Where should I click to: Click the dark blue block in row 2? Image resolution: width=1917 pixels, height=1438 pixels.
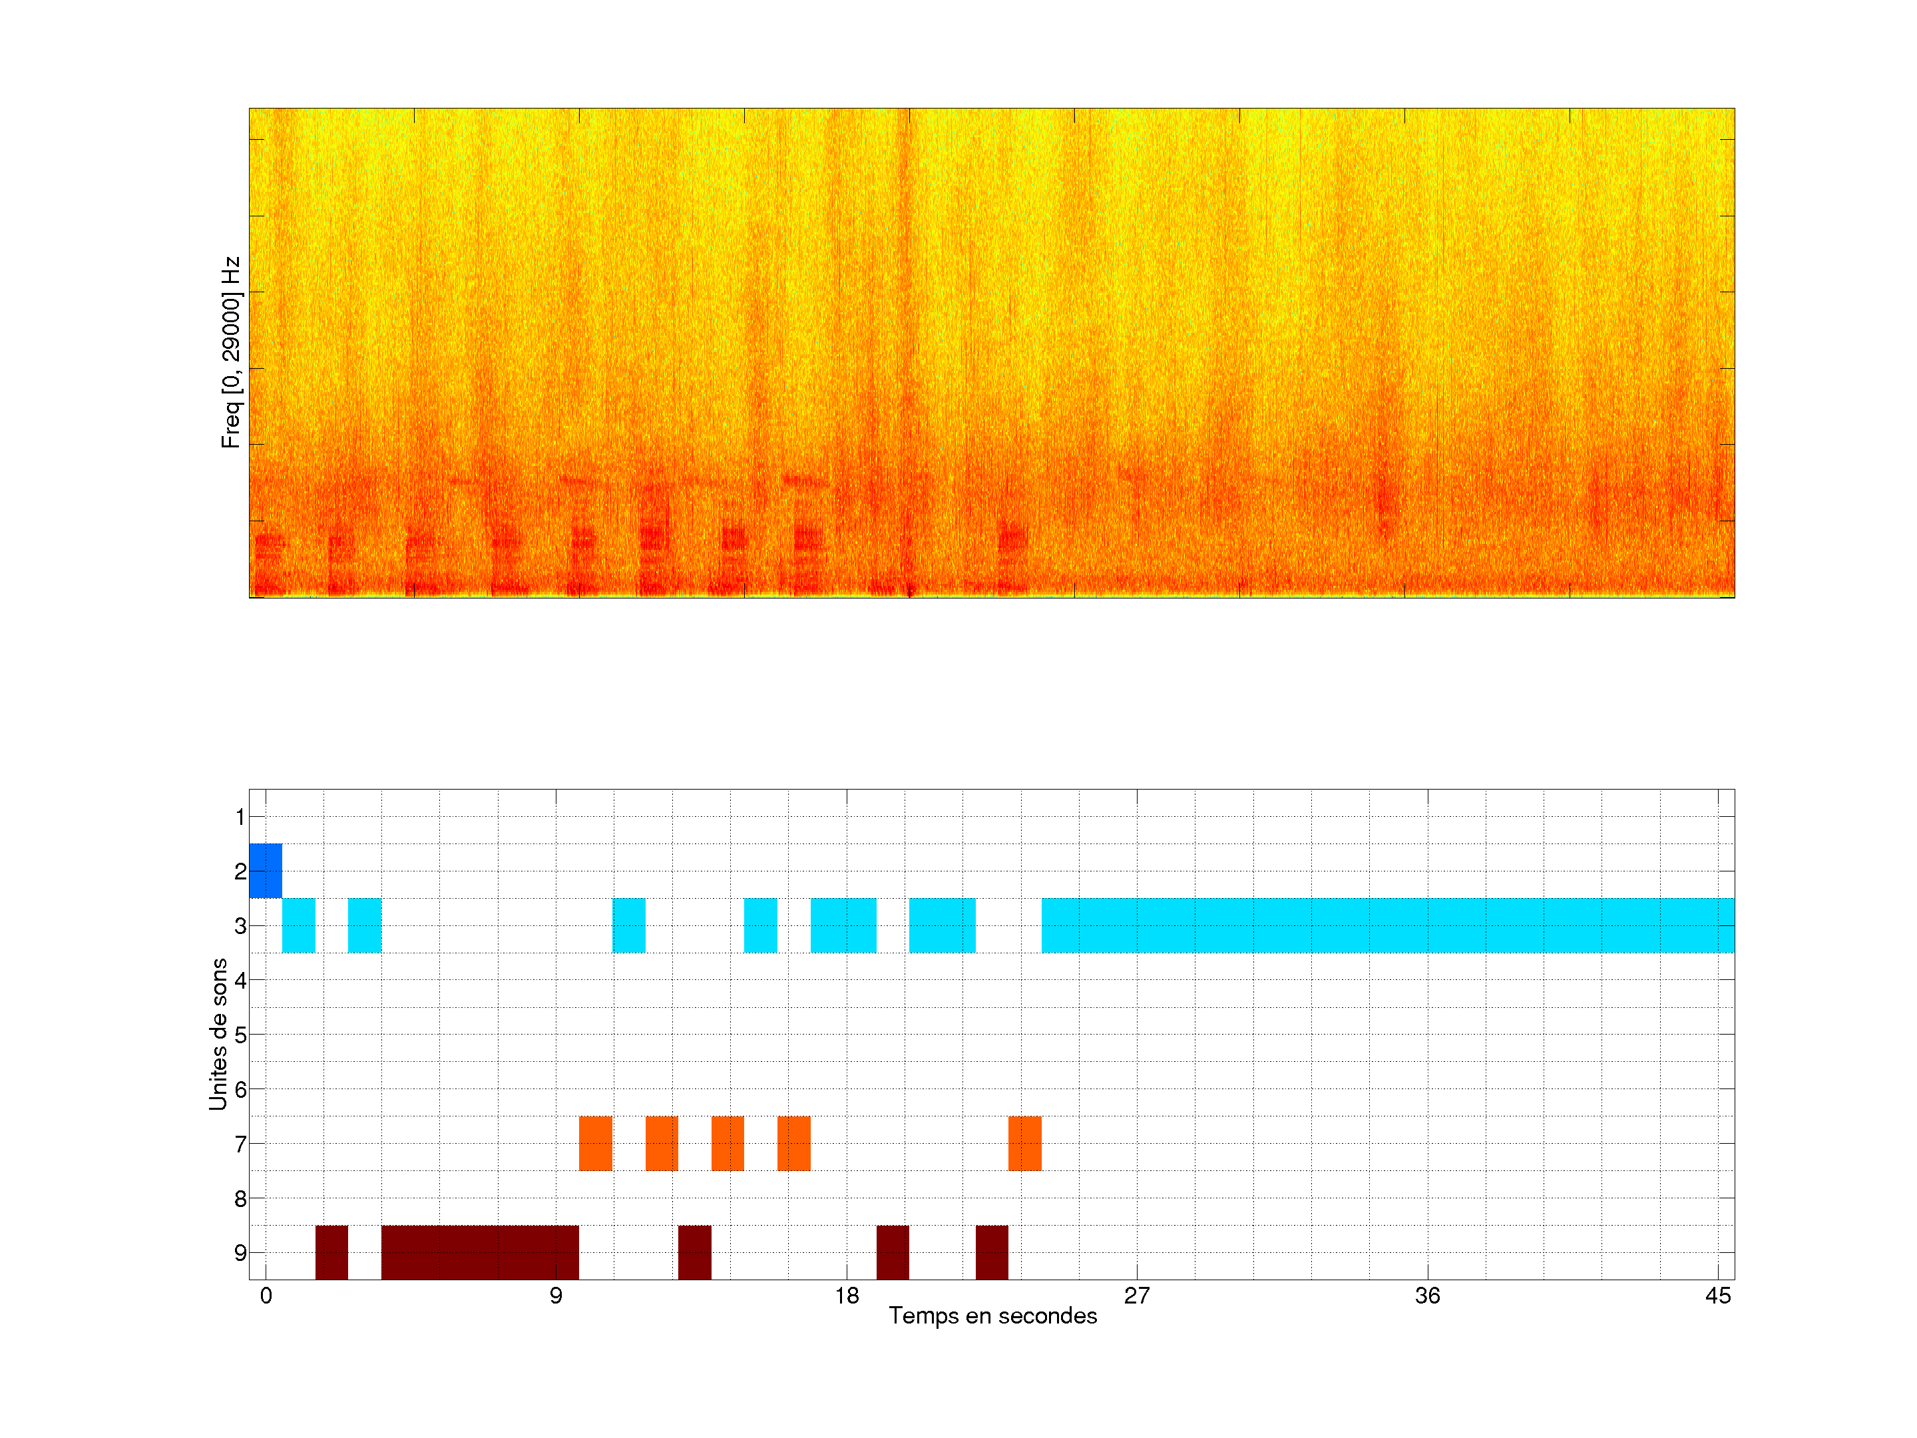click(x=265, y=870)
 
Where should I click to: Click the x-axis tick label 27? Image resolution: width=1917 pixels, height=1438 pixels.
click(x=1136, y=1296)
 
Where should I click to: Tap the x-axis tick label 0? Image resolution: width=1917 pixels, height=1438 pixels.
click(x=266, y=1296)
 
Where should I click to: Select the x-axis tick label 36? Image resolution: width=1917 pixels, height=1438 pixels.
click(x=1427, y=1296)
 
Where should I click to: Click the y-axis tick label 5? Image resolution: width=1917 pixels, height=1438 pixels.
click(x=240, y=1035)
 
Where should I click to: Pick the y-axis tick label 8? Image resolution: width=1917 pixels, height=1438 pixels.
click(x=240, y=1199)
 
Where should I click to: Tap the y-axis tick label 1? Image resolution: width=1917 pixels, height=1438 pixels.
click(x=240, y=816)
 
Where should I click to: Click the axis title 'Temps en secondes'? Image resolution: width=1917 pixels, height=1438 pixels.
click(x=992, y=1316)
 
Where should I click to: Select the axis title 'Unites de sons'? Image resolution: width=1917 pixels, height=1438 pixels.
click(x=218, y=1033)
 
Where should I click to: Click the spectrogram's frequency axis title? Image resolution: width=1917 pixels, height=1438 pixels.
click(x=230, y=352)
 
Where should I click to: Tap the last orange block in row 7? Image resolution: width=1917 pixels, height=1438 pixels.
click(x=1024, y=1143)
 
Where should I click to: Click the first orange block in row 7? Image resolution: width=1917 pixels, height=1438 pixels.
click(x=595, y=1143)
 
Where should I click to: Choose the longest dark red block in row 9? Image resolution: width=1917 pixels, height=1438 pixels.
click(x=479, y=1252)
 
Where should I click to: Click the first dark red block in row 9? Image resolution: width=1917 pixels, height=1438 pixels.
click(x=331, y=1252)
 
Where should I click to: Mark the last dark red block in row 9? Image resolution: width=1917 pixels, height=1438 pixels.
click(x=991, y=1252)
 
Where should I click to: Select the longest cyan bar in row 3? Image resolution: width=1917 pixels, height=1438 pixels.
click(x=1387, y=926)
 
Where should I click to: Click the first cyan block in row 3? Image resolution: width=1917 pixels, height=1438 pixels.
click(x=298, y=926)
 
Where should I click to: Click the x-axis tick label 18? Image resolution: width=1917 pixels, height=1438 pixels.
click(x=847, y=1296)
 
